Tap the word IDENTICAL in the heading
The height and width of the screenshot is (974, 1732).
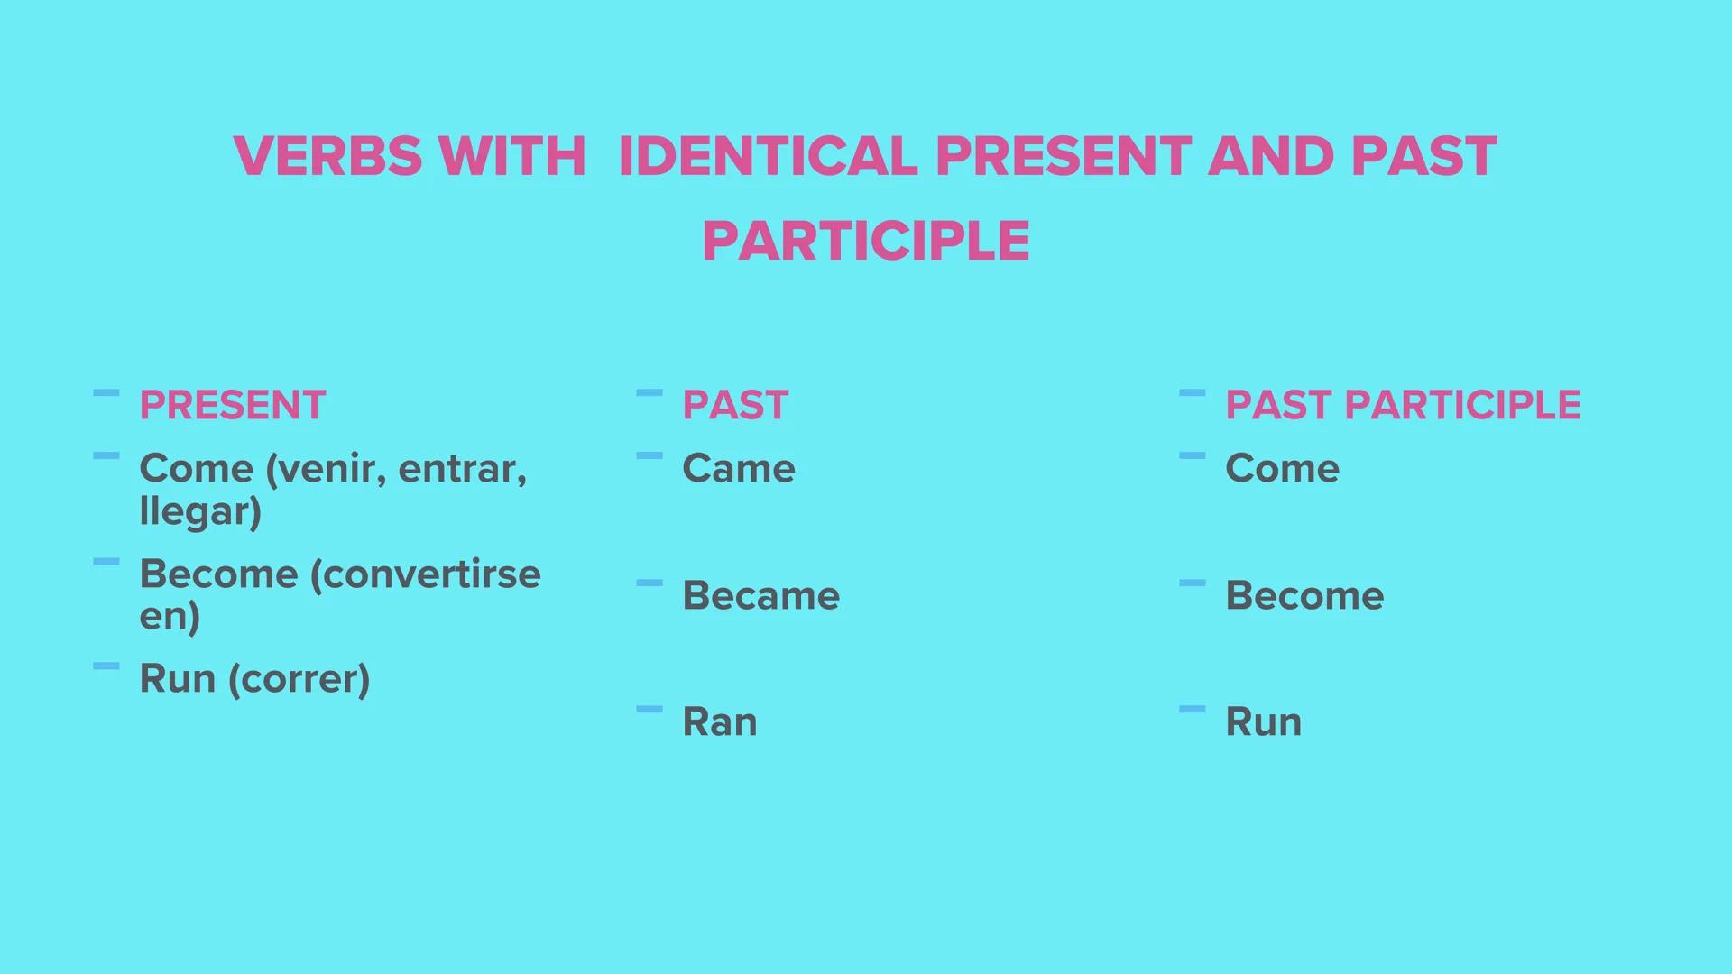[x=768, y=156]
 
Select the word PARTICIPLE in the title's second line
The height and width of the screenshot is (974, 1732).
[x=866, y=241]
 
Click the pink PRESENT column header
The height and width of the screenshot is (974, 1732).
[x=232, y=405]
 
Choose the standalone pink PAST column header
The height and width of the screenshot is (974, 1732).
[x=735, y=405]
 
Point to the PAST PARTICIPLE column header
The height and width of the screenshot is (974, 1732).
[x=1402, y=405]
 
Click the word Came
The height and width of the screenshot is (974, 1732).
[x=738, y=468]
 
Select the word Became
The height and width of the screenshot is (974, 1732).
[x=760, y=595]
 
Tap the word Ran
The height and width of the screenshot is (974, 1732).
[x=719, y=721]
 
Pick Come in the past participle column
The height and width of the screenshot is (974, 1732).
[x=1281, y=468]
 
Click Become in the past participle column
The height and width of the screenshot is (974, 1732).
[x=1304, y=595]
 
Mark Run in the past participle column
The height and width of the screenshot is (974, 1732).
[x=1263, y=721]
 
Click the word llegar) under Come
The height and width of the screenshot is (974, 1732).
[x=200, y=511]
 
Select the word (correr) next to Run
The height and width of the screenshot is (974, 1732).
[x=299, y=679]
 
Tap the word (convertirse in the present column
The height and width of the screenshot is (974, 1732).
[x=425, y=574]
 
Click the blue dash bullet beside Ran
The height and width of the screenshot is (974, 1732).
[x=649, y=710]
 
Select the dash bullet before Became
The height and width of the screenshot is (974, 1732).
[x=649, y=583]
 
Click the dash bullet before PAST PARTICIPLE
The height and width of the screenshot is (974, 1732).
[x=1192, y=393]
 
